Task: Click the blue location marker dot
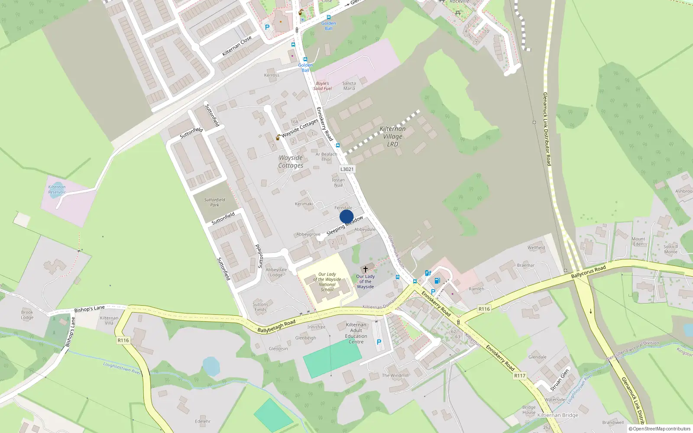coord(346,217)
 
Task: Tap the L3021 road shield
coord(347,169)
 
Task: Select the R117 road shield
coord(520,376)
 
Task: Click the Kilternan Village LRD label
coord(392,136)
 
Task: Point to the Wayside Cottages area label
coord(291,162)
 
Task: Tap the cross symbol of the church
coord(366,269)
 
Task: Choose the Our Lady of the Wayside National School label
coord(327,282)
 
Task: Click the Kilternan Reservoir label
coord(57,190)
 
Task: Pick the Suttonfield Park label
coord(215,202)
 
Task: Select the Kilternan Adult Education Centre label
coord(356,333)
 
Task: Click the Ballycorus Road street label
coord(588,272)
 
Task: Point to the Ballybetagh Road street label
coord(276,326)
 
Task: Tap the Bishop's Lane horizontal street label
coord(89,309)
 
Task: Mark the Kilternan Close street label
coord(237,46)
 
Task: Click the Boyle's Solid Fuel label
coord(322,86)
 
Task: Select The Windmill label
coord(395,375)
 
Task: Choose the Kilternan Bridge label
coord(557,415)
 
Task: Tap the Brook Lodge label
coord(27,315)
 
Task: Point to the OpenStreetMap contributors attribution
coord(659,429)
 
